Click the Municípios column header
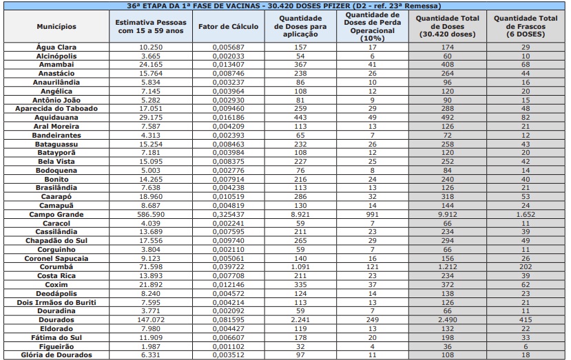click(56, 27)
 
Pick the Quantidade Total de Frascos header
click(526, 26)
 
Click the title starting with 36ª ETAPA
click(285, 5)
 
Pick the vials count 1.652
click(526, 214)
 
